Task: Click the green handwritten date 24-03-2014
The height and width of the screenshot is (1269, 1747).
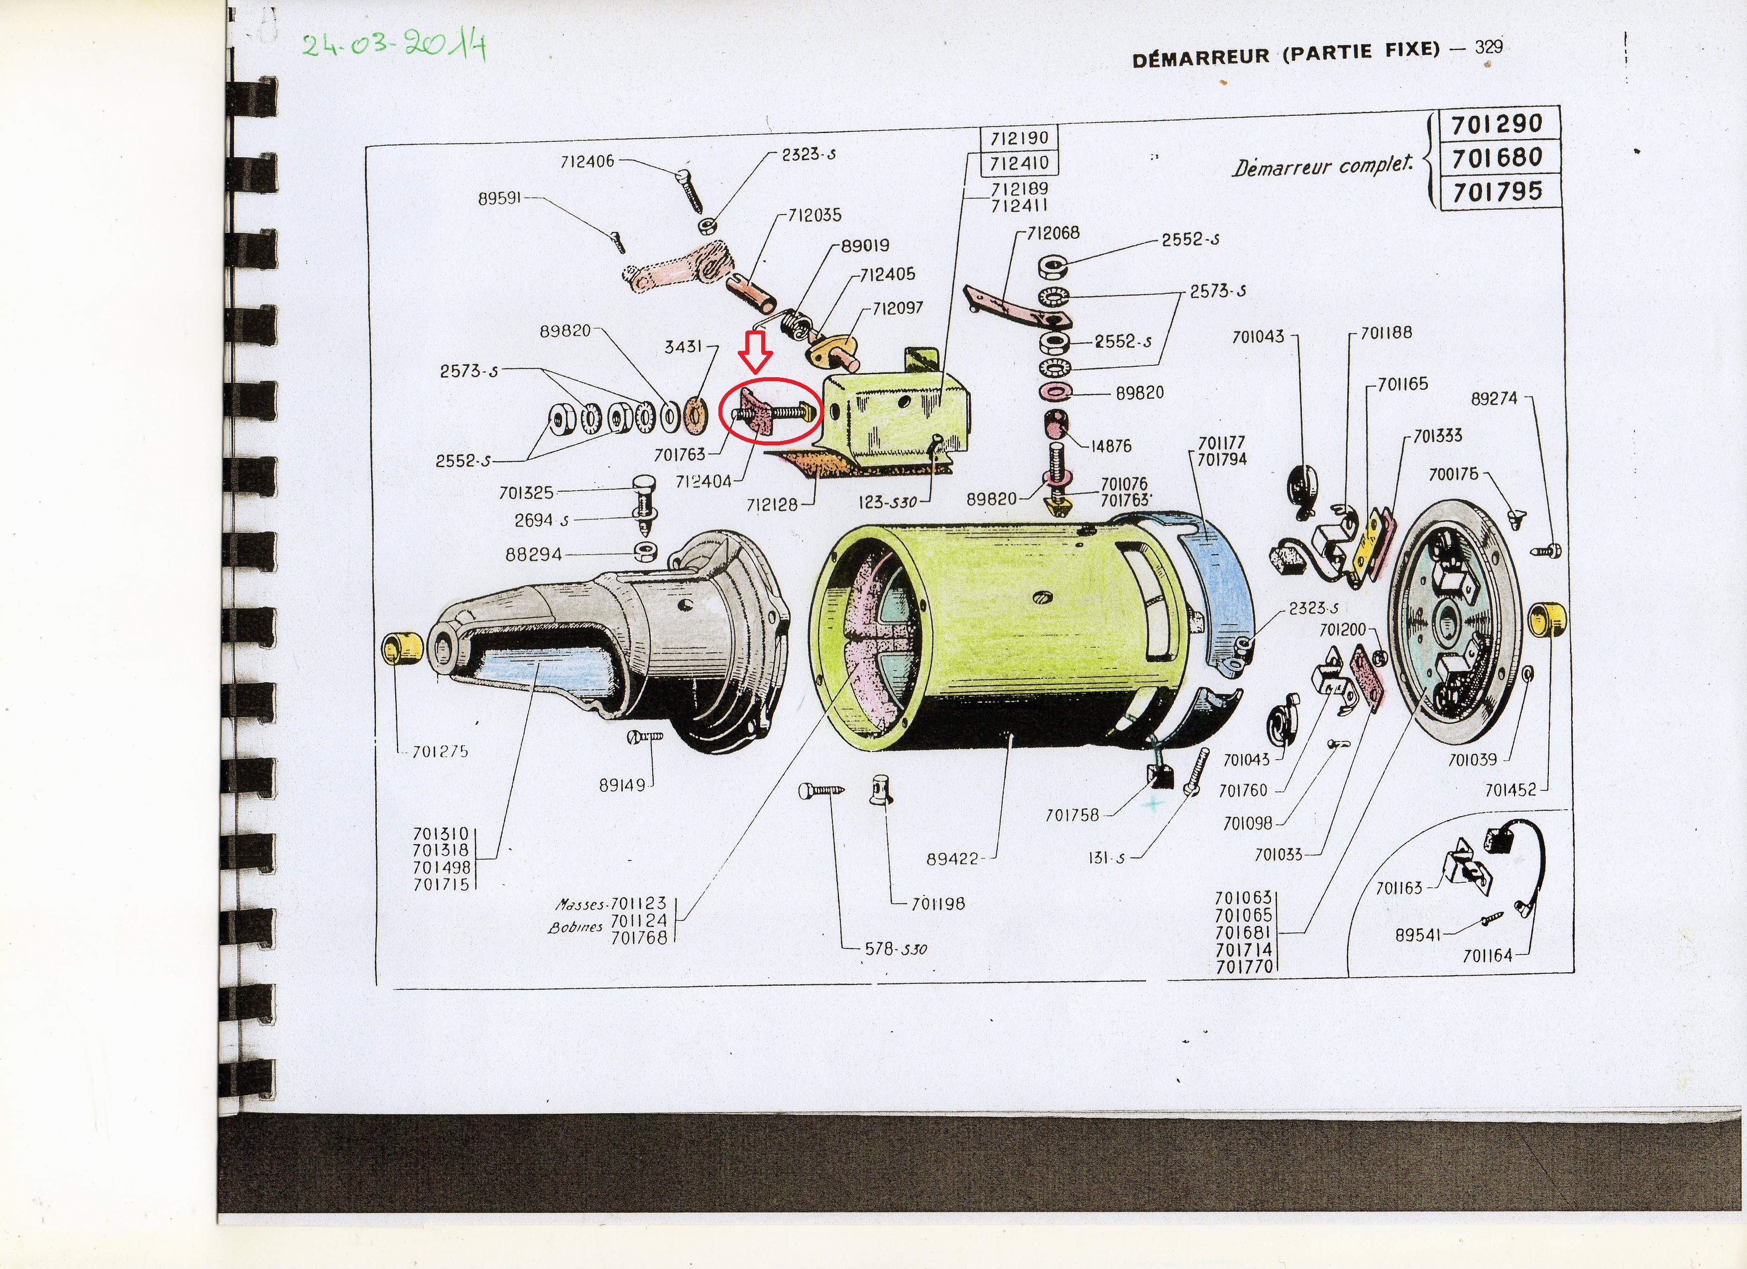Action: click(394, 45)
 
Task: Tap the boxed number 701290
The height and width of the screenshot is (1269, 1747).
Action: click(1497, 123)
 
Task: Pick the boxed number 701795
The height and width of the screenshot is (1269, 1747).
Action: click(1497, 191)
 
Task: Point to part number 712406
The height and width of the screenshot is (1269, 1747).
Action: click(587, 161)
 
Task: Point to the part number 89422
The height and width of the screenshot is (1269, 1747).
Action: click(952, 858)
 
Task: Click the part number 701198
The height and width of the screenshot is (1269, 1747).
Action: click(938, 904)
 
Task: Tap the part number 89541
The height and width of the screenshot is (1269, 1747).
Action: click(1417, 935)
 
